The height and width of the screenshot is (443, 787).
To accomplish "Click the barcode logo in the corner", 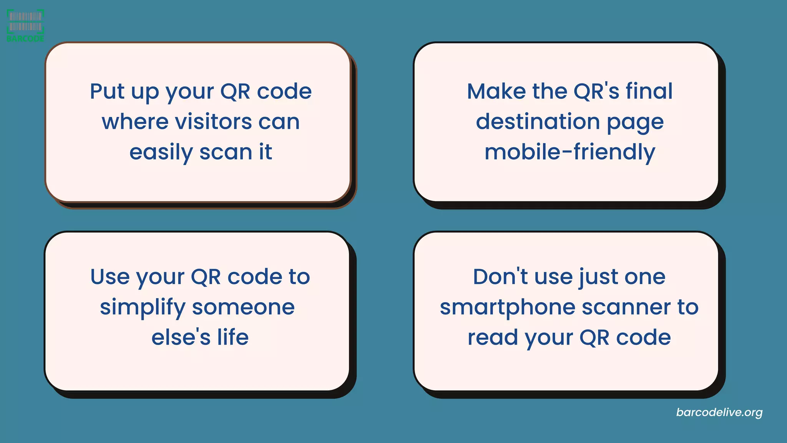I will pos(25,25).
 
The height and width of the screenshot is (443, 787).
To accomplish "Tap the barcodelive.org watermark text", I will pos(719,412).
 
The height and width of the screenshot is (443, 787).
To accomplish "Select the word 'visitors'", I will pos(213,122).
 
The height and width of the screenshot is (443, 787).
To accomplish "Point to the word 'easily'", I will pos(161,153).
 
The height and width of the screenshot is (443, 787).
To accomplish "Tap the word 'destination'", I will pos(538,122).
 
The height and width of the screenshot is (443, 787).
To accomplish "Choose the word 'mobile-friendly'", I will pos(569,152).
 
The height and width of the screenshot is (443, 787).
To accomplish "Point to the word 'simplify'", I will pos(143,308).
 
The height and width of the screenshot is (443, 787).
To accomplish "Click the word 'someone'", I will pos(243,307).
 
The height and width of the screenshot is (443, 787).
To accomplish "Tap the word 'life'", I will pos(233,337).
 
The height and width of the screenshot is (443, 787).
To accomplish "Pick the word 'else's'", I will pos(181,337).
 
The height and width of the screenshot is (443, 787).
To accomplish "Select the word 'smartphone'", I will pos(507,308).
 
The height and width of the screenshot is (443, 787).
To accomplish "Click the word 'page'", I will pos(635,123).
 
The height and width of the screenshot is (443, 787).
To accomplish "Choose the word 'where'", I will pos(135,122).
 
